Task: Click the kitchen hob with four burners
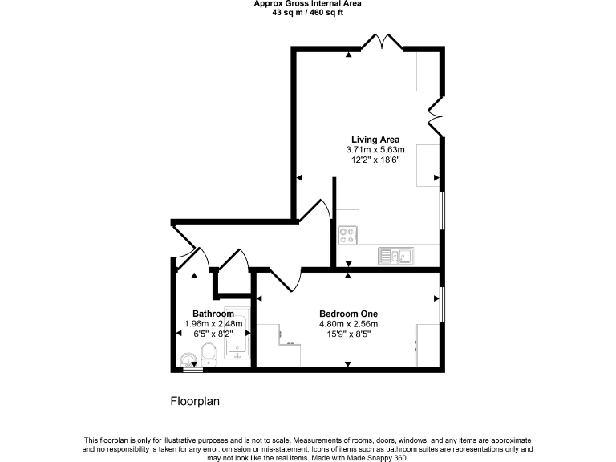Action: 348,236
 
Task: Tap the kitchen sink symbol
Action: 395,256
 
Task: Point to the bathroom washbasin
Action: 189,359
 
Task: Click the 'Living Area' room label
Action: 375,140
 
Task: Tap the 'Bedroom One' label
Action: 348,314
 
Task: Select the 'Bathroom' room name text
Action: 213,314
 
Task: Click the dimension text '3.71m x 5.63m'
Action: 375,149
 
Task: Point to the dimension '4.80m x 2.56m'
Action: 348,324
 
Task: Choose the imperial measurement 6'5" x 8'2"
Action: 213,334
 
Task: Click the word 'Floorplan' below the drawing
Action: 195,401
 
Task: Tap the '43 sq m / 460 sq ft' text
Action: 307,12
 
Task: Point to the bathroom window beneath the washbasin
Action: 192,371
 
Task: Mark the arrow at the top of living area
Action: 348,55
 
